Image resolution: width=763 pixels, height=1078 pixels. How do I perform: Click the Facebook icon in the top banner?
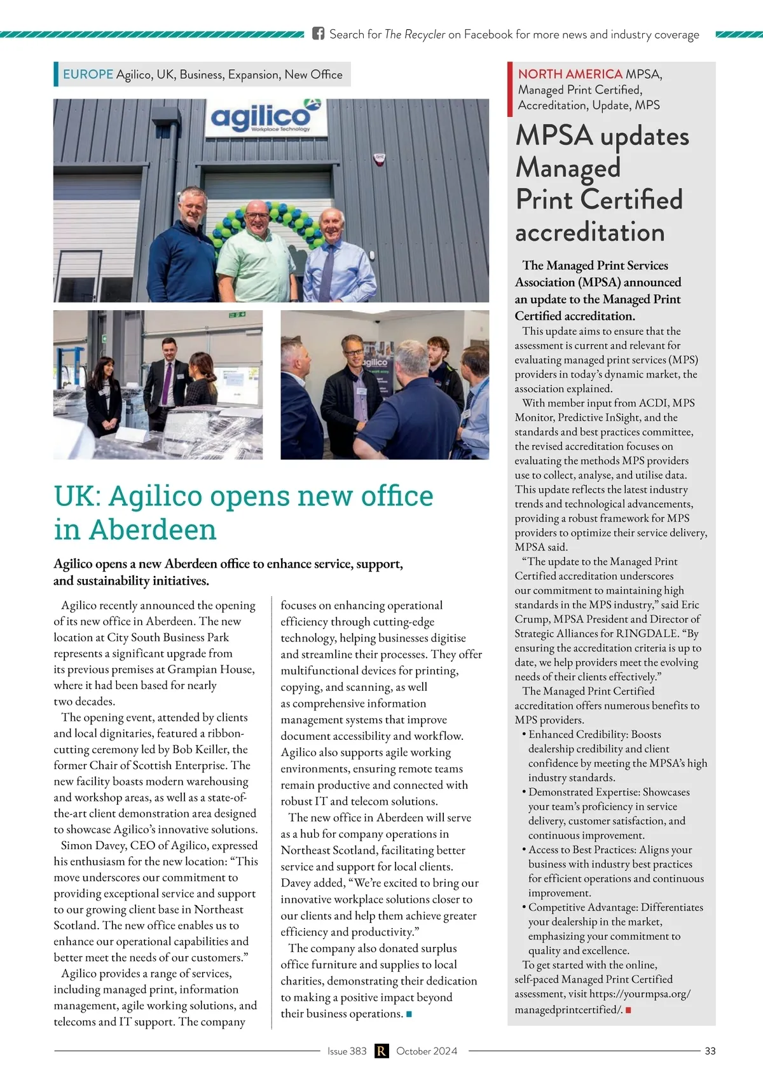(x=319, y=34)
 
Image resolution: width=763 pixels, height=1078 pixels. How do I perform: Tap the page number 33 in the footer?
(x=710, y=1051)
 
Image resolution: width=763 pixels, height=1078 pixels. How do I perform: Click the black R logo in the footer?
(x=381, y=1051)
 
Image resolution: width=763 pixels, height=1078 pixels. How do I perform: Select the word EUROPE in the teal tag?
(x=88, y=74)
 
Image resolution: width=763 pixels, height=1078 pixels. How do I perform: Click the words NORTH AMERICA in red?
(x=570, y=74)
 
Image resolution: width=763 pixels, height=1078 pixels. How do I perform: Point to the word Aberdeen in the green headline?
(x=153, y=529)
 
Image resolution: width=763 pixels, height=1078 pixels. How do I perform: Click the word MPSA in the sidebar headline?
(x=554, y=136)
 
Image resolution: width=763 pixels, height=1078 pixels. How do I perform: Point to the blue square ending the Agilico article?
(x=409, y=1014)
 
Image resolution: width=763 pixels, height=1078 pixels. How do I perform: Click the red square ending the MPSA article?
(x=628, y=1010)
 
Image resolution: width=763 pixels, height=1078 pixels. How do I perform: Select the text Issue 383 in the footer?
(x=347, y=1051)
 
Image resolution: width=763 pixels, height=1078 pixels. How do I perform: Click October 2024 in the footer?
(x=427, y=1051)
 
